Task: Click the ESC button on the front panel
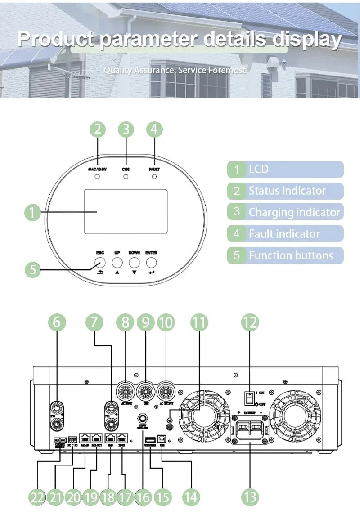99,263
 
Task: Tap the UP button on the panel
117,263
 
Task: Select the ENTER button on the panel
152,263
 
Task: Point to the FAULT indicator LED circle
154,177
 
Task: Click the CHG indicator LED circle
126,177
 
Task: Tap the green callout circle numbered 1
32,212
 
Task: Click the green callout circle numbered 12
250,322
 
